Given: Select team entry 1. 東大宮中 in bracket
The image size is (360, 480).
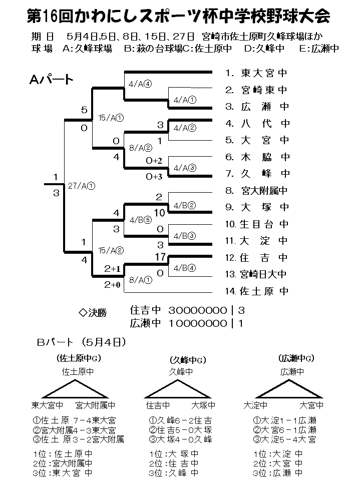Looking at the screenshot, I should coord(257,73).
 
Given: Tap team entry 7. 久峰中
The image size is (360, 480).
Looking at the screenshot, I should coord(257,174).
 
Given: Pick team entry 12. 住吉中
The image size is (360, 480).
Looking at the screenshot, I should coord(257,258).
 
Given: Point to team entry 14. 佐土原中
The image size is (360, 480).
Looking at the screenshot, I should coord(257,291).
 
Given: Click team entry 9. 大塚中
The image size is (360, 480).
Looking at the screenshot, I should coord(257,207).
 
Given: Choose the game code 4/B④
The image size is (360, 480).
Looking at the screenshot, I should coord(185,267).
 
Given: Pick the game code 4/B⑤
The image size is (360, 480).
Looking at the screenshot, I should coord(140,219).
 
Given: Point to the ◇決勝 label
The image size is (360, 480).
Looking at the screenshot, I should coord(93,313).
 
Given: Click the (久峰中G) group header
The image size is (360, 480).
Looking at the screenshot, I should coord(187,360).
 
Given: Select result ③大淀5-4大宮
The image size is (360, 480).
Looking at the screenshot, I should coord(284,439).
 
